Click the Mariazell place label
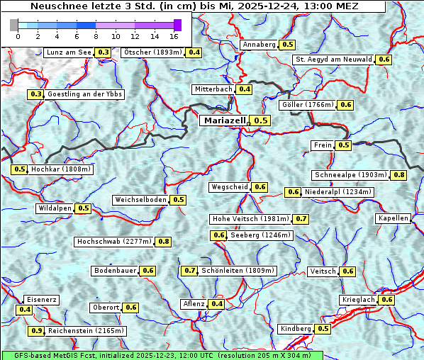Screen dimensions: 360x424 coord(224,120)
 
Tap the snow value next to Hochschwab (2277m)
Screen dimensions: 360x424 coord(164,242)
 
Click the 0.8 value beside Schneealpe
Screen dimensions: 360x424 coord(399,175)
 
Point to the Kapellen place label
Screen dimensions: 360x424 coord(394,218)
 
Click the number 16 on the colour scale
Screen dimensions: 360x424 coord(174,35)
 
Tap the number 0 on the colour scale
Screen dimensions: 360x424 coord(15,35)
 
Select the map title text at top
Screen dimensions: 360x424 coord(194,6)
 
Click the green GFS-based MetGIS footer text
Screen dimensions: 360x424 coord(162,355)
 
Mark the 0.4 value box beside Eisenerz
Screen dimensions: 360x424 coord(25,310)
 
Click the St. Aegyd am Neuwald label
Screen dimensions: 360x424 coord(333,60)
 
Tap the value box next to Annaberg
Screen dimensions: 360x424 coord(287,45)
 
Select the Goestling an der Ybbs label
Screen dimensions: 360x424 coord(85,94)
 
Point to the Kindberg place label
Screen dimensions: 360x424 coord(296,329)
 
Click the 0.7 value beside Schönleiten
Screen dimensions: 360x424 coord(189,271)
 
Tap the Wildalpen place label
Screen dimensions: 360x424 coord(55,208)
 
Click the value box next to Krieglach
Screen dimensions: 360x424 coord(387,300)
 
